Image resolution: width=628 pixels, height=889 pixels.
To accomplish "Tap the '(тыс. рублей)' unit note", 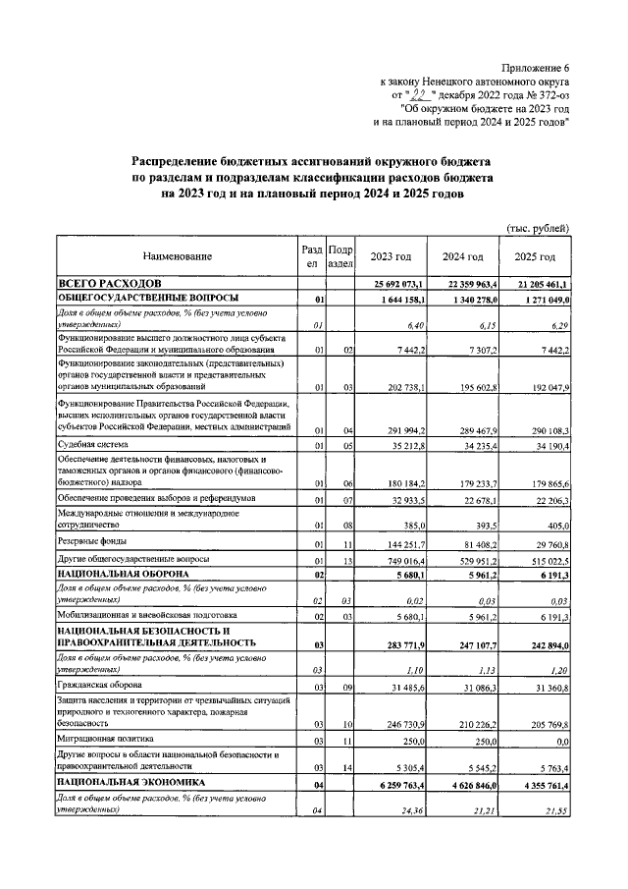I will pos(538,228).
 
